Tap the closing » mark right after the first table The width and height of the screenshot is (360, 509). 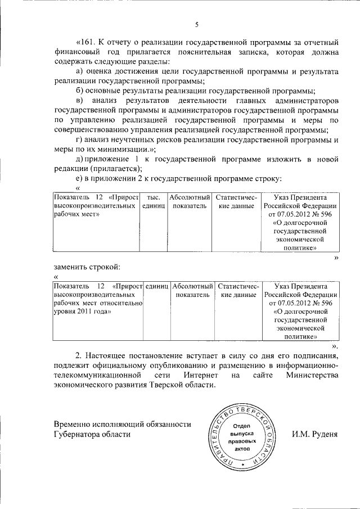pyautogui.click(x=336, y=257)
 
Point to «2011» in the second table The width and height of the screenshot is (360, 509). pyautogui.click(x=85, y=311)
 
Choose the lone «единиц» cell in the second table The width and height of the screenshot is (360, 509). pyautogui.click(x=157, y=286)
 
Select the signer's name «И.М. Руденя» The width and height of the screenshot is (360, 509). pyautogui.click(x=314, y=434)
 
